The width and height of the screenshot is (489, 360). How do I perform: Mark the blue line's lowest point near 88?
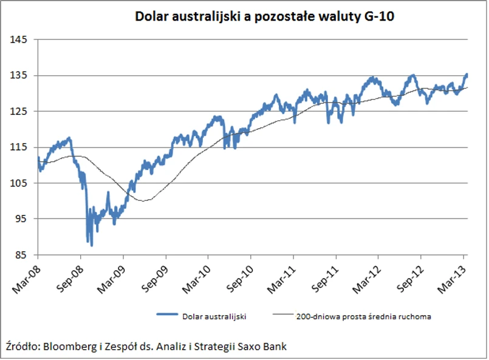(92, 245)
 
